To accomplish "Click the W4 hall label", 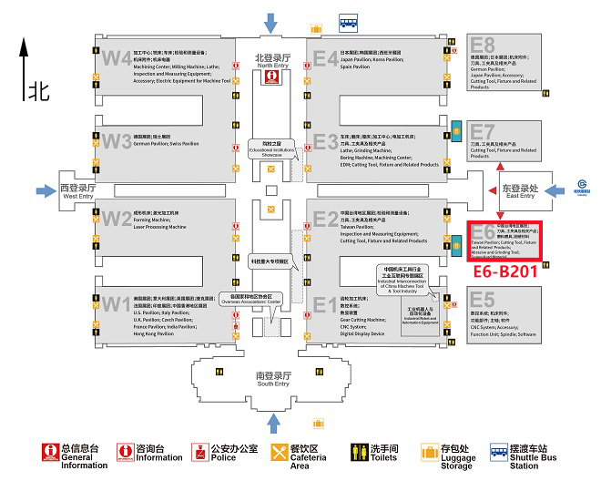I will (x=117, y=58).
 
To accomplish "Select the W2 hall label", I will (x=117, y=219).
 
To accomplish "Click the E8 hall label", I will (x=483, y=45).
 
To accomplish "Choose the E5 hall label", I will (x=483, y=300).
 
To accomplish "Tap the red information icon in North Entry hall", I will (x=271, y=77).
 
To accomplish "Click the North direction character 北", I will (x=38, y=90).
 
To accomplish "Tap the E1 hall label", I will (x=325, y=304).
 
